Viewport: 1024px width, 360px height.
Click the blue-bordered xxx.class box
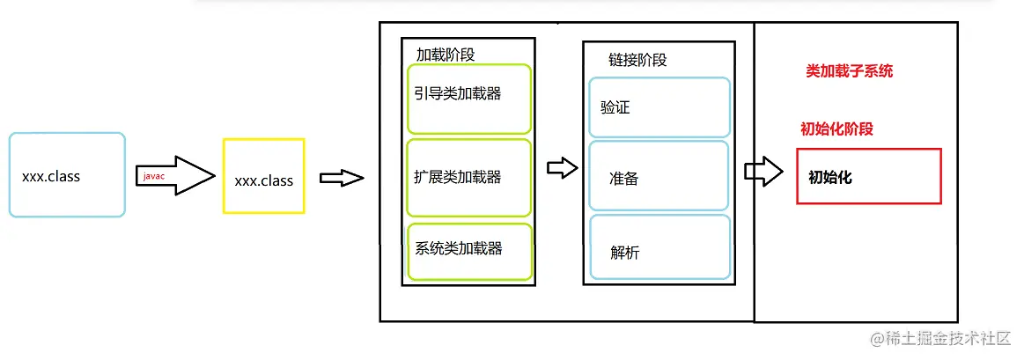[x=67, y=175]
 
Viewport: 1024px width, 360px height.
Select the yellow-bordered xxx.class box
[x=264, y=176]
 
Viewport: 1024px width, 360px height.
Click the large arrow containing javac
[x=176, y=176]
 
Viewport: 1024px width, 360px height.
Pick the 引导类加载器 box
[x=469, y=99]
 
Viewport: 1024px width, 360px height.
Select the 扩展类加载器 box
[x=469, y=177]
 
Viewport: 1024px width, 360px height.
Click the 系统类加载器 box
[x=469, y=252]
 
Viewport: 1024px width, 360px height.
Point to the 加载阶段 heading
[x=446, y=55]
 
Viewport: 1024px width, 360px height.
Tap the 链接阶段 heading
[x=637, y=60]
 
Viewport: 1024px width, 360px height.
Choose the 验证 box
[x=659, y=107]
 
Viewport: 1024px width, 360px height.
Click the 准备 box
[x=659, y=176]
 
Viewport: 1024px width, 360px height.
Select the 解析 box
[x=659, y=247]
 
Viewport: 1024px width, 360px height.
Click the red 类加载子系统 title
[x=850, y=71]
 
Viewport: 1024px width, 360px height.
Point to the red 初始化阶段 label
[x=836, y=129]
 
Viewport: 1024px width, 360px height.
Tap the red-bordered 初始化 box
[x=869, y=176]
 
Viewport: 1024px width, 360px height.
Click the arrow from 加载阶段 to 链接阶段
[x=563, y=169]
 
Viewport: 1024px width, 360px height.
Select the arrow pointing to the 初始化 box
[x=763, y=171]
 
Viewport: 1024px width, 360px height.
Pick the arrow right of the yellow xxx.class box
[x=342, y=178]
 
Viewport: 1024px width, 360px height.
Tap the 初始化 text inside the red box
[x=830, y=176]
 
